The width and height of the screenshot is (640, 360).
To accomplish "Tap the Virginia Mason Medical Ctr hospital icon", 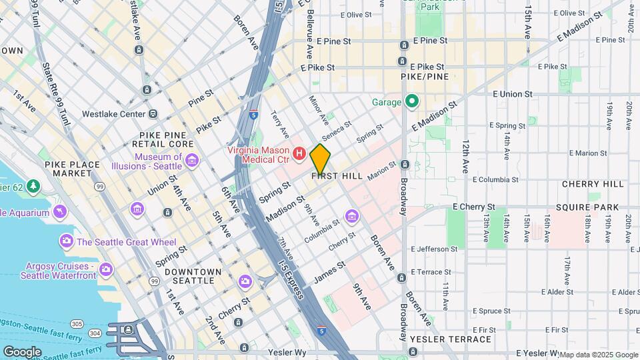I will click(x=299, y=154).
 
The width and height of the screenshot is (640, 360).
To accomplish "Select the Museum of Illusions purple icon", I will click(x=192, y=161).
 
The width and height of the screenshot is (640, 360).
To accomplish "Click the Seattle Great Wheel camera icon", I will click(x=66, y=240).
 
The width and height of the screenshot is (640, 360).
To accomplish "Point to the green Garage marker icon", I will click(x=412, y=102).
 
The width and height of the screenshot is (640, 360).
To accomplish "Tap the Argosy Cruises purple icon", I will click(x=105, y=270).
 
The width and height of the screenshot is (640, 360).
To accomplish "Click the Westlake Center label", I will click(x=113, y=114).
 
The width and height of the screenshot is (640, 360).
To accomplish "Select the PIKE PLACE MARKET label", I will click(x=68, y=169).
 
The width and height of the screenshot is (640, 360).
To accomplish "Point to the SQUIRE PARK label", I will click(x=590, y=207).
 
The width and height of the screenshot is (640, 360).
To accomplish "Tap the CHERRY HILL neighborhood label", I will click(x=593, y=184).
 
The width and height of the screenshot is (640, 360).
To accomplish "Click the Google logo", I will click(x=22, y=351).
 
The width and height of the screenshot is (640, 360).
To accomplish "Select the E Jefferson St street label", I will click(x=435, y=249).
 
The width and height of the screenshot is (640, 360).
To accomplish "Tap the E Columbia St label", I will click(x=498, y=179).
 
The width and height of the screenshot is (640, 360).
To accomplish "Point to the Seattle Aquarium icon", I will click(x=60, y=212).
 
